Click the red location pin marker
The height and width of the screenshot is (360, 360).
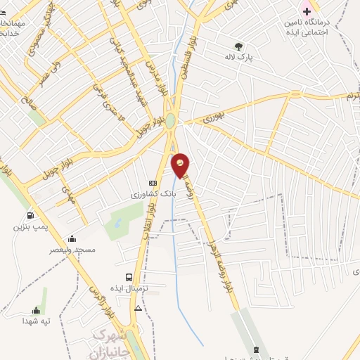pos(181,166)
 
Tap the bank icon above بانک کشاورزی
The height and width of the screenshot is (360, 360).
pos(153,183)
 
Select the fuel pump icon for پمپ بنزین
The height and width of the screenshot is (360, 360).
pos(30,216)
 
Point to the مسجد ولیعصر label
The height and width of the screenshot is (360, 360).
pos(72,250)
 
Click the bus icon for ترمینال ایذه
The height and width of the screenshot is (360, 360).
pos(129,277)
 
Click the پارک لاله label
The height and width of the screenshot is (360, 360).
pos(238,57)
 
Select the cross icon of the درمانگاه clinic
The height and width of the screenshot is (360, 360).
pos(306,11)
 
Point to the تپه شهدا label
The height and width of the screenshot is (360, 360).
pos(36,321)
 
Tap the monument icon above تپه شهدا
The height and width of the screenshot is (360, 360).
pos(36,310)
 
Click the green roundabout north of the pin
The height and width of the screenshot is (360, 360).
pos(169,120)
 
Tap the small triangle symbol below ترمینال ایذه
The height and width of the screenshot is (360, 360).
pos(138,308)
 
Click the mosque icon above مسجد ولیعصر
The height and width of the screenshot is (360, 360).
pos(72,238)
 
